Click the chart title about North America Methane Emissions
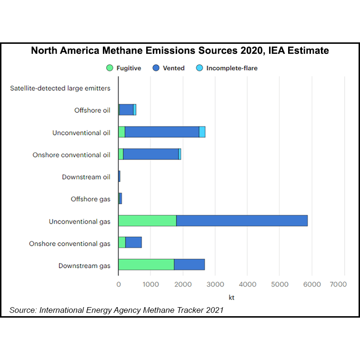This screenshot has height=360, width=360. (x=180, y=50)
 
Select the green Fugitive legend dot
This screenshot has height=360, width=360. (x=109, y=68)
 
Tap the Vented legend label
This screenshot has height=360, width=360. (x=173, y=68)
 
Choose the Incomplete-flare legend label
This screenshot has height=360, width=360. (x=232, y=68)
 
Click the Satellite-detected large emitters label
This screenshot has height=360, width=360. (x=60, y=88)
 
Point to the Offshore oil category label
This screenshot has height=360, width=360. (x=92, y=110)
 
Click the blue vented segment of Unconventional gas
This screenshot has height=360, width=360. (x=242, y=221)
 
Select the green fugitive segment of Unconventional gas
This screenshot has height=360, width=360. (x=147, y=221)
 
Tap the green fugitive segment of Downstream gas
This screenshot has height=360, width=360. (x=146, y=265)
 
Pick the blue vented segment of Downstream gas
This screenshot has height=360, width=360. (x=189, y=265)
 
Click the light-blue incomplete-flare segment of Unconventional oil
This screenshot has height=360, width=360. (x=202, y=132)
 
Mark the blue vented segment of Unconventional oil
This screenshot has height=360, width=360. (x=162, y=132)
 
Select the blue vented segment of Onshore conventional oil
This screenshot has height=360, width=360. (x=150, y=154)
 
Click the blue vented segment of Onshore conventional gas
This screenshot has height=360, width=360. (x=133, y=243)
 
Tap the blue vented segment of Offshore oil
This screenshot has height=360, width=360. (x=126, y=110)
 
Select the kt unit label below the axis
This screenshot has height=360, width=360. (x=231, y=298)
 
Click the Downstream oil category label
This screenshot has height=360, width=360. (x=86, y=177)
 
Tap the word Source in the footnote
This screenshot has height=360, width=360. (x=23, y=310)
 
